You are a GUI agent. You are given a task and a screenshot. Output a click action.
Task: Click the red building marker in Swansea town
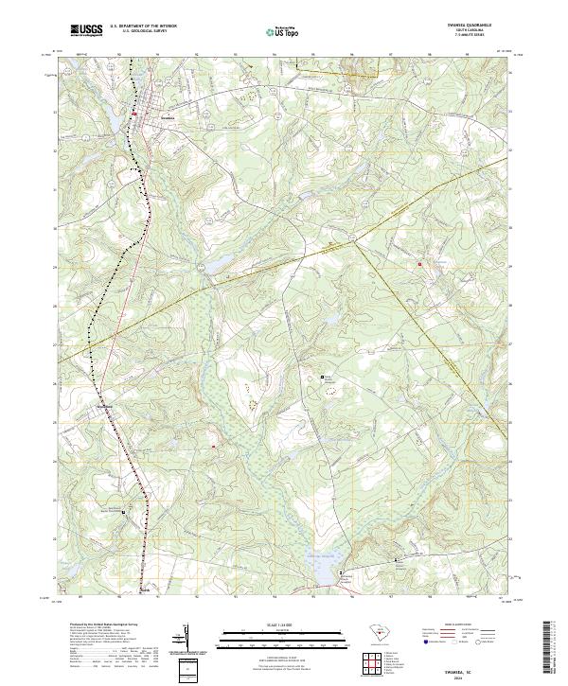tap(135, 114)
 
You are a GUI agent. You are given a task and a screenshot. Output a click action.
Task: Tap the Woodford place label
tap(107, 408)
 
